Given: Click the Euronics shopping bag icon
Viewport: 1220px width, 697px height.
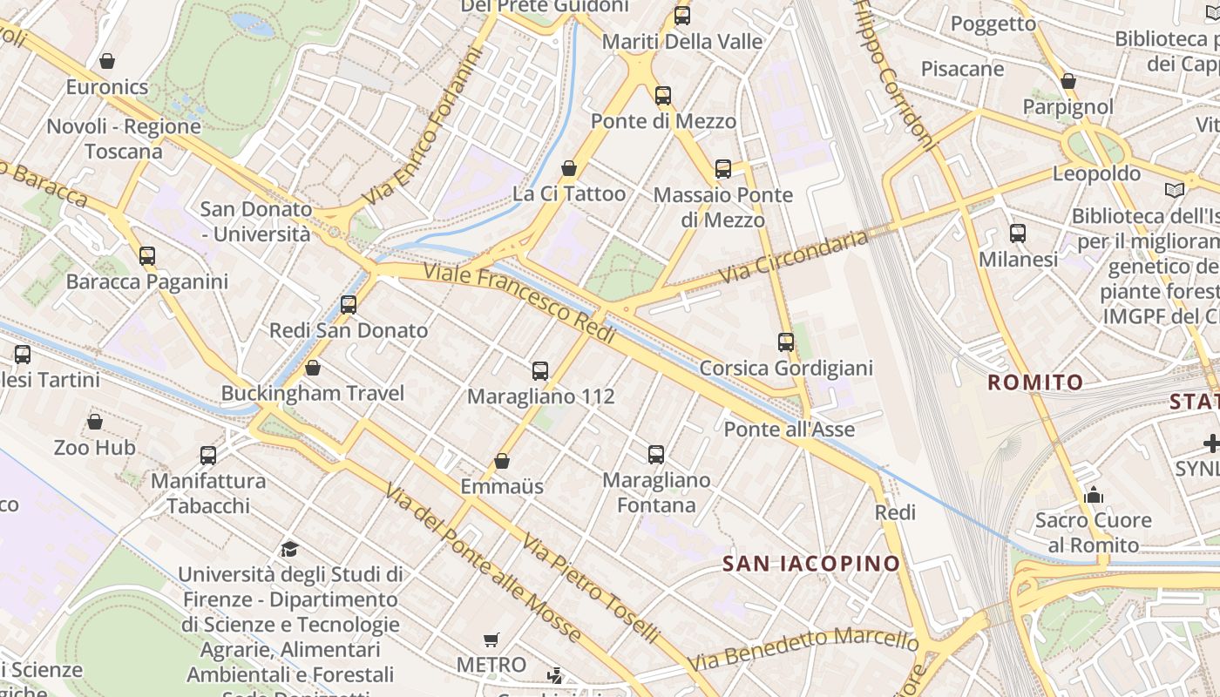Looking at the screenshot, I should click(107, 61).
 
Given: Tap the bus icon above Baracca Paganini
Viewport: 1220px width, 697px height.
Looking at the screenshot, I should click(147, 256).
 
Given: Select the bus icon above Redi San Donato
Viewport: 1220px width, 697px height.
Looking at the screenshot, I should click(349, 305).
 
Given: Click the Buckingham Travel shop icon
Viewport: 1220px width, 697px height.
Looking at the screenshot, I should click(312, 368).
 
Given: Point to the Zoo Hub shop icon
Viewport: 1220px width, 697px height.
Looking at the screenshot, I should click(95, 423).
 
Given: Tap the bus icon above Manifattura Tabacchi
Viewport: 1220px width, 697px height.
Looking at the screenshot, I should click(208, 455).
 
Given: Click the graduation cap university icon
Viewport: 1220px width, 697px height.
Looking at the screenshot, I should click(289, 549).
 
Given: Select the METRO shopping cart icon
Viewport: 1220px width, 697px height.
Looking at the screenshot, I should click(491, 640).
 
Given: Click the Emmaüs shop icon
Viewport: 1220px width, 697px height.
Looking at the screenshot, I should click(502, 461).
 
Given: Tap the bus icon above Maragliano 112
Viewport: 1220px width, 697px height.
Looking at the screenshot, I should click(540, 371).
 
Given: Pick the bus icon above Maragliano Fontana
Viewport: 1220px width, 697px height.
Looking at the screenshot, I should click(656, 455).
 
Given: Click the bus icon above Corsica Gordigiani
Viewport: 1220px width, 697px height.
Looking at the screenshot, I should click(786, 342).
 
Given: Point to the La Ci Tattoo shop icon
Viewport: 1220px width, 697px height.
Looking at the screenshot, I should click(569, 168).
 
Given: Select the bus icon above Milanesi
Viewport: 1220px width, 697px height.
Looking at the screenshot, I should click(1018, 233).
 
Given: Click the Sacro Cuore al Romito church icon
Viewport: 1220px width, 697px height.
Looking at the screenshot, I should click(1094, 496).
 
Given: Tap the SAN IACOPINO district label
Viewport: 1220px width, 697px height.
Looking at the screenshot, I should click(811, 564).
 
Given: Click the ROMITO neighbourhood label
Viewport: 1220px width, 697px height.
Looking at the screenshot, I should click(1035, 382).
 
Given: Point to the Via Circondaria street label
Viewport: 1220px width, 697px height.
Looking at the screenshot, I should click(794, 257).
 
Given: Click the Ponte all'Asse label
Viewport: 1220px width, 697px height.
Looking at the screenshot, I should click(790, 430).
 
